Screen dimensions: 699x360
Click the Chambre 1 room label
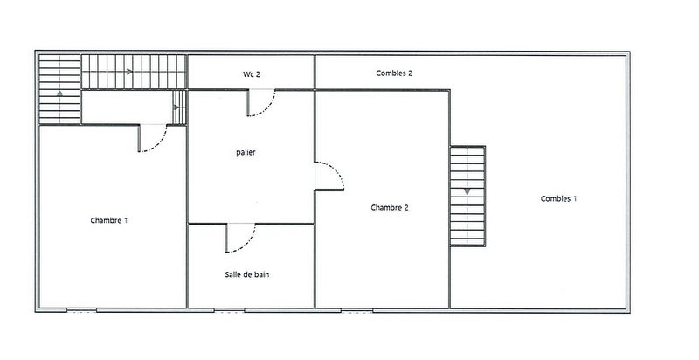point(109,220)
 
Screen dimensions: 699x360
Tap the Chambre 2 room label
point(390,207)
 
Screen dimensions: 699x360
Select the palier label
point(246,152)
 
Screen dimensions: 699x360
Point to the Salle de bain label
point(247,275)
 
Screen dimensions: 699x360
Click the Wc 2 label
point(252,74)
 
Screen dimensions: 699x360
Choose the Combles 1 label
point(558,198)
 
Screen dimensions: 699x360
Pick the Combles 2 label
point(394,73)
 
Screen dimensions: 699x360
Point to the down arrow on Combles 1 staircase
point(467,191)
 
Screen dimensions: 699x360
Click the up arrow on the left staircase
point(59,93)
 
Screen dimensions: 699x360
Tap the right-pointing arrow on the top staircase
point(129,72)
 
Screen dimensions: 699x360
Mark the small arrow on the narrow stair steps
point(177,107)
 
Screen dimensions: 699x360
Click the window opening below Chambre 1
point(81,310)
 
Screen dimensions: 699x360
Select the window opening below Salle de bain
point(229,310)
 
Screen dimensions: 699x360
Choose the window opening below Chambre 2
point(356,310)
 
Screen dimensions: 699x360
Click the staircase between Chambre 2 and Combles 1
point(467,196)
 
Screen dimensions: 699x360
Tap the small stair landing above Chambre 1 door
point(127,107)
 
